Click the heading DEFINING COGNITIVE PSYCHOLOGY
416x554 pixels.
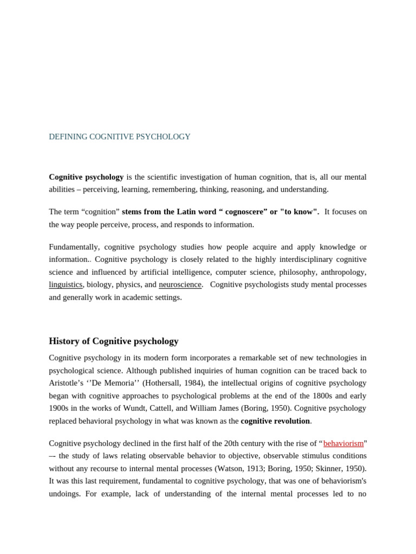point(120,137)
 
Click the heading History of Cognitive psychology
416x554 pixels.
point(113,341)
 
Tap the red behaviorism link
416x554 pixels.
point(343,444)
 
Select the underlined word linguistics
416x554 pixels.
point(66,285)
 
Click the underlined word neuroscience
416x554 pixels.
point(180,285)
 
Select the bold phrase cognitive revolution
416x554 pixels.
point(275,421)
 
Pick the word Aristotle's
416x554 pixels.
point(68,383)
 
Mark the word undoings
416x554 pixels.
point(66,493)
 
